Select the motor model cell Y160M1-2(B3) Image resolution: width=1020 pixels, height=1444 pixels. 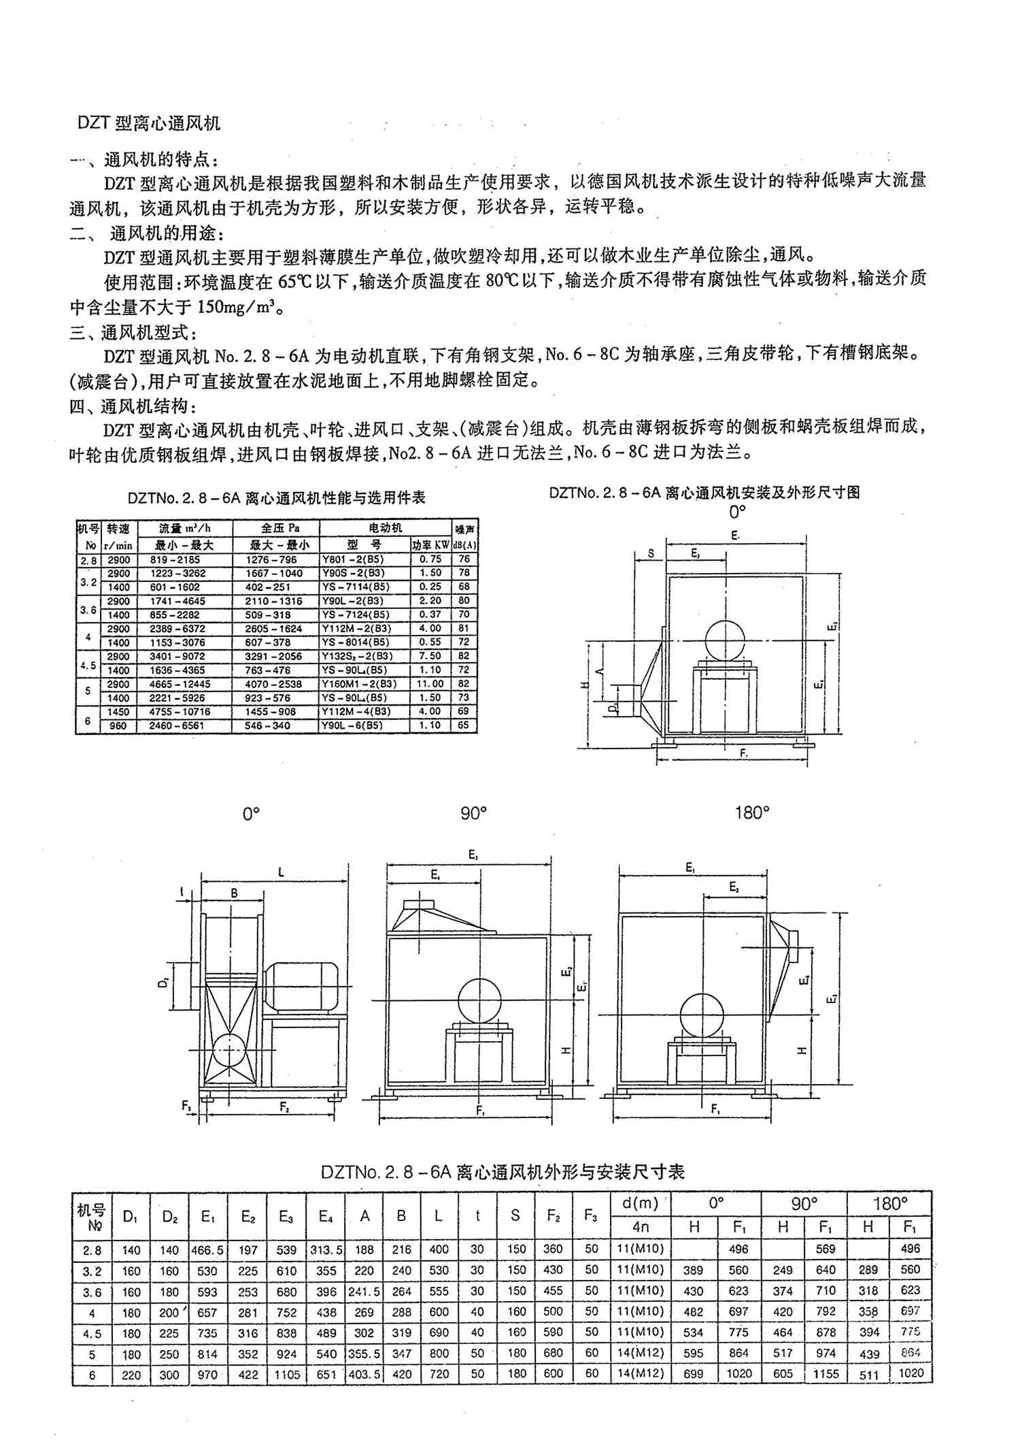tap(358, 684)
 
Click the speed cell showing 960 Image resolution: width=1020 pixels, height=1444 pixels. tap(118, 725)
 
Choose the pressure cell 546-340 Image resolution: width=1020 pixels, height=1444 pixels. tap(268, 725)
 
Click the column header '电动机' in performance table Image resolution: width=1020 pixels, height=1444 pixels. tap(385, 528)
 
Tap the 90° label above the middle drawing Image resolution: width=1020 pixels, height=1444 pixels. tap(473, 813)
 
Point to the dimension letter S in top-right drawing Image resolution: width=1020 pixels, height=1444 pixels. tap(651, 554)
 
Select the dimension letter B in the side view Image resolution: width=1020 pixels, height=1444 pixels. tap(234, 893)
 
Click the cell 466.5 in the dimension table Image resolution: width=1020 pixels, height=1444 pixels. tap(208, 1249)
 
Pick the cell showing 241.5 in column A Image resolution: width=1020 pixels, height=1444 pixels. tap(364, 1291)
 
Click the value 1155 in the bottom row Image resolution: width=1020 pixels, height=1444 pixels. tap(826, 1374)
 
